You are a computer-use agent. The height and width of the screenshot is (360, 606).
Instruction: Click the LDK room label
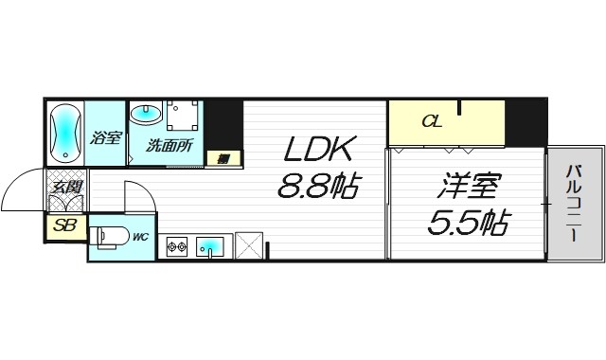(316, 150)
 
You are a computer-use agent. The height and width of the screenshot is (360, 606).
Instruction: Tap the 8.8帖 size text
(316, 186)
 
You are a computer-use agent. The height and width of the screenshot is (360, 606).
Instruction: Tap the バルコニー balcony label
(575, 203)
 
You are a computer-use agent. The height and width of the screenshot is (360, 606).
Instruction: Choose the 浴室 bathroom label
(105, 138)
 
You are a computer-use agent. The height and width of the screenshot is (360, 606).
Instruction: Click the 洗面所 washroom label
(169, 146)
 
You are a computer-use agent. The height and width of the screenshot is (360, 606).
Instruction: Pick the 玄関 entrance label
(64, 187)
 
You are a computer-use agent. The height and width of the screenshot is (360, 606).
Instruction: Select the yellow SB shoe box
(65, 225)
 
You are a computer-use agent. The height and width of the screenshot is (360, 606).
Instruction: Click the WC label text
(139, 236)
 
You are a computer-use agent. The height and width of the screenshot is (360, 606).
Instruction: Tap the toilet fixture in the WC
(107, 235)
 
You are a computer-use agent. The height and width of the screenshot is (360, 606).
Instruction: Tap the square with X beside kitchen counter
(249, 246)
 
